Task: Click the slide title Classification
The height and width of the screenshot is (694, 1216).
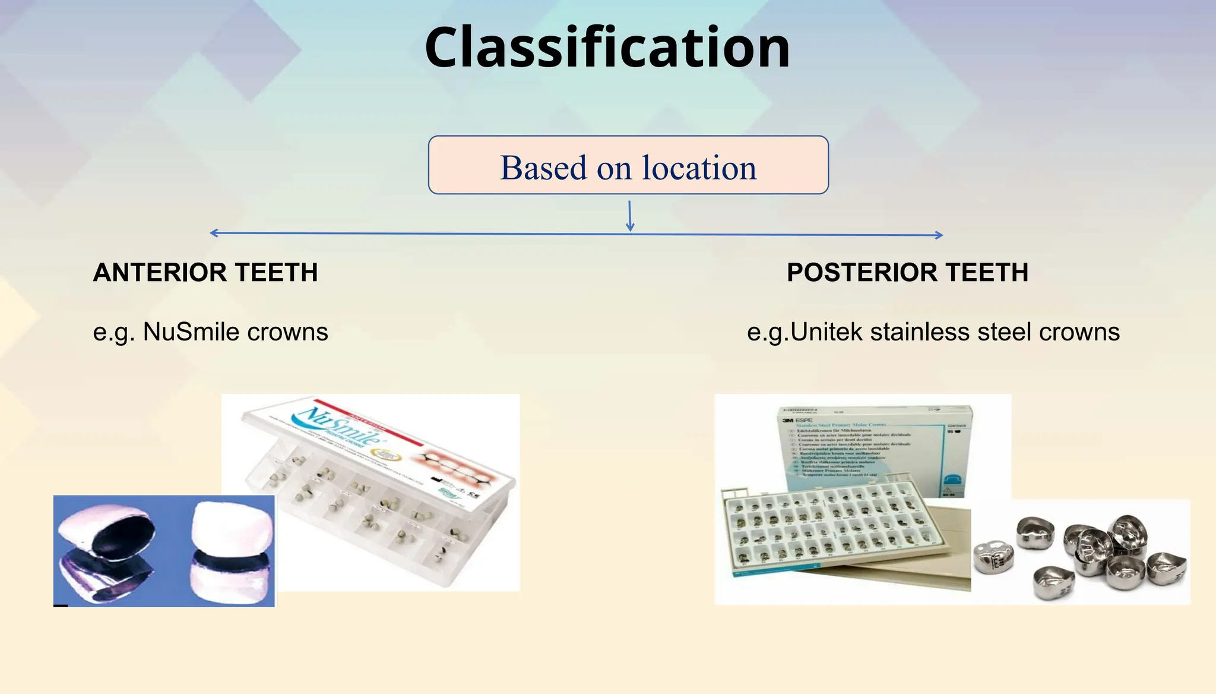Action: (607, 48)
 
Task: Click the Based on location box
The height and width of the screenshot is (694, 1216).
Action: (628, 166)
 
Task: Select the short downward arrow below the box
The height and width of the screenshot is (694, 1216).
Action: (630, 217)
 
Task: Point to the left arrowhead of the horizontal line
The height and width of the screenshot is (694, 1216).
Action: (213, 233)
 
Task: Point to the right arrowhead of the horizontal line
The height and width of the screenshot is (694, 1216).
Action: (939, 235)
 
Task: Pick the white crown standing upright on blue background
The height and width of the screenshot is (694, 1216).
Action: (232, 550)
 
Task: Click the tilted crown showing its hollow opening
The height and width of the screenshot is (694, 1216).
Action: (107, 547)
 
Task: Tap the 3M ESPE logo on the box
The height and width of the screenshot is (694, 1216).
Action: (796, 420)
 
